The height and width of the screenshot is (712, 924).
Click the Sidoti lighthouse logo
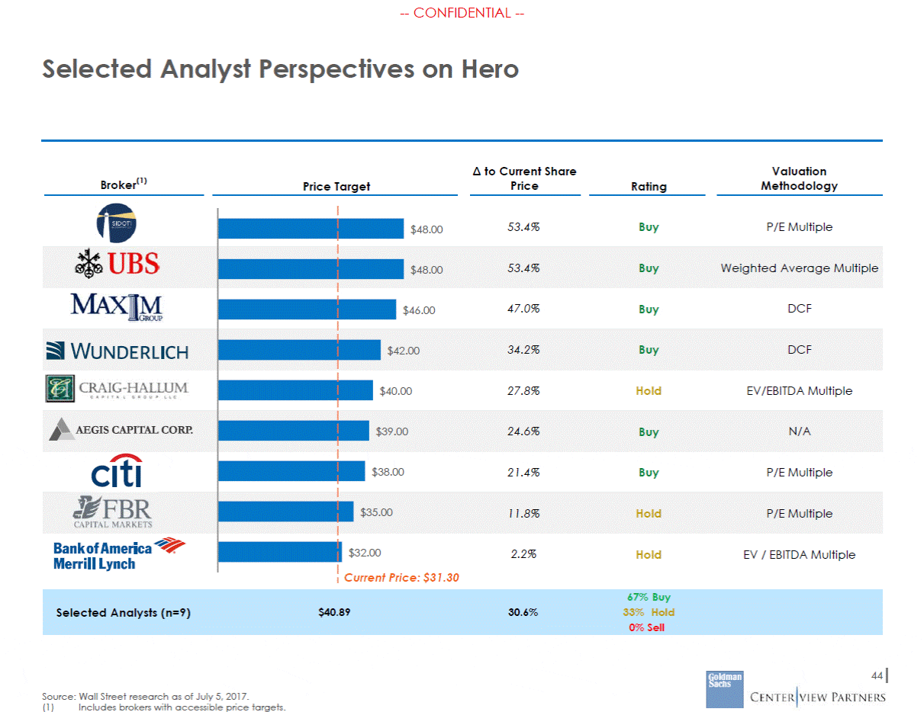tap(117, 223)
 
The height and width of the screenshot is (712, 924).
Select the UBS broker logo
tap(117, 264)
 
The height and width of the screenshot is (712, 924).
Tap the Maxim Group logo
tap(117, 306)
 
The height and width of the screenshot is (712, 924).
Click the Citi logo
tap(117, 470)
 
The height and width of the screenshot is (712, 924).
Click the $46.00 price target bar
tap(307, 309)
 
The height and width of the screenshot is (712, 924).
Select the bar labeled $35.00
tap(286, 512)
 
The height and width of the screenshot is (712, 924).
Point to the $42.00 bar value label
tap(403, 351)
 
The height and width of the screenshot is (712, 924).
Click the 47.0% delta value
tap(523, 309)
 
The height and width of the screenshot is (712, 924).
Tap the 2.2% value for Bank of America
tap(523, 554)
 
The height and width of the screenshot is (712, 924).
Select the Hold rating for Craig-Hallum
tap(649, 391)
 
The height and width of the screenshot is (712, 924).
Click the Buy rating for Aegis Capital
tap(649, 431)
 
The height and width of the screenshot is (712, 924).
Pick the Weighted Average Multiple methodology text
tap(800, 268)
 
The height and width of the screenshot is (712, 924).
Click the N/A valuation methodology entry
tap(800, 431)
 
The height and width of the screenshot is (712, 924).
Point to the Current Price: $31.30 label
tap(401, 577)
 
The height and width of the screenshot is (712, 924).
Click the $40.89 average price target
tap(334, 612)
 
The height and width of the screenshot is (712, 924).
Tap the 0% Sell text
tap(646, 627)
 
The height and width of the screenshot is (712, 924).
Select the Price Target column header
tap(336, 187)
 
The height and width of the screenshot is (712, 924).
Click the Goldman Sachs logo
tap(725, 689)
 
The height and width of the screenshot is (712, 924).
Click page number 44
tap(877, 675)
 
